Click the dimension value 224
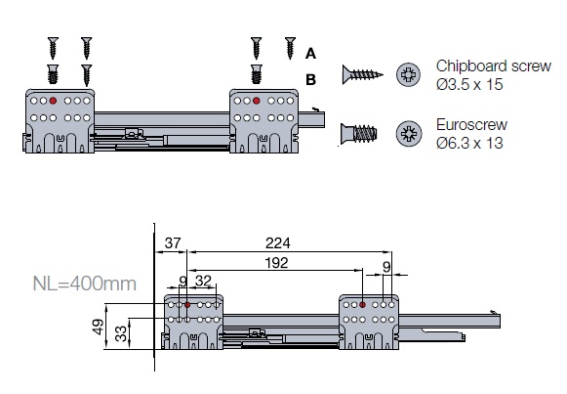coord(278,243)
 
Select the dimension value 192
coord(276,263)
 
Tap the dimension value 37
coord(172,243)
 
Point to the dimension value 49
coord(99,327)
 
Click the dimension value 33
coord(121,333)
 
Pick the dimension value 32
coord(203,281)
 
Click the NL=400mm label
coord(85,284)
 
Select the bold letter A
coord(310,54)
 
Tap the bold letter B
coord(311,79)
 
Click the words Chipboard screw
coord(494,66)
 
